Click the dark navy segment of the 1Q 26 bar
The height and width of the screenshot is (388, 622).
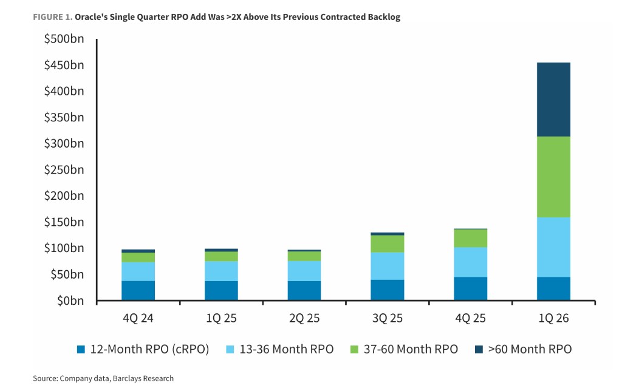point(553,100)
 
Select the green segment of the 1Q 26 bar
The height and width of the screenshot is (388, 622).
point(553,177)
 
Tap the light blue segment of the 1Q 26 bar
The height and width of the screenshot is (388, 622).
point(553,247)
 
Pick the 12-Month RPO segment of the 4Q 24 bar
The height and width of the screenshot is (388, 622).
point(138,290)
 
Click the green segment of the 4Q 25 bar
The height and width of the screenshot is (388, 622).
point(470,238)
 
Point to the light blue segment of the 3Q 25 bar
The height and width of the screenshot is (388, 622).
point(387,266)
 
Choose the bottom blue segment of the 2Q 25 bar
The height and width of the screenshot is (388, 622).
point(304,290)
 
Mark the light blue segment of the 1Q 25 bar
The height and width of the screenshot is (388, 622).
point(221,271)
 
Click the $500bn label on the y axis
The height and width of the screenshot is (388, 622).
point(64,39)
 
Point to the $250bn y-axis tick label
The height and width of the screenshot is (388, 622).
point(64,170)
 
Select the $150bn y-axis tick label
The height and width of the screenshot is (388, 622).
point(64,222)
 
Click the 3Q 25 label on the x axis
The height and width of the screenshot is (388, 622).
point(387,318)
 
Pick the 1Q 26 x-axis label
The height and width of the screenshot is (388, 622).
point(553,318)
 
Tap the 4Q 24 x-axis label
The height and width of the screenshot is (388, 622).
point(138,318)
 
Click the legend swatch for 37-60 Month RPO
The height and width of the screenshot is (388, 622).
point(356,349)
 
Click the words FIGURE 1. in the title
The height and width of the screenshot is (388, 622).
point(53,17)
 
